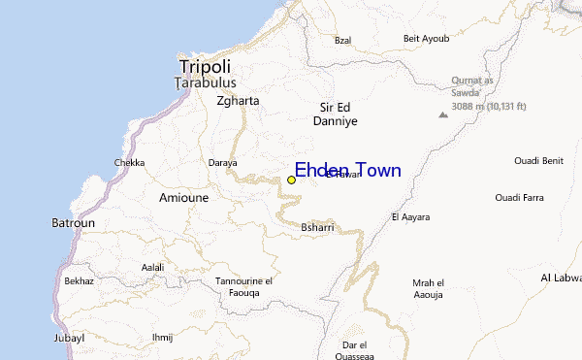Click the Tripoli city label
(205, 67)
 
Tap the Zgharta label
(238, 100)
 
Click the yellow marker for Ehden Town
(291, 180)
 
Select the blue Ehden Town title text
(347, 171)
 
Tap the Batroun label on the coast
(74, 223)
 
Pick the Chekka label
(129, 163)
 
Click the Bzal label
(342, 40)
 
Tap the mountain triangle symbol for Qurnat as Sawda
(443, 115)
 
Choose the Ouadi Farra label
(520, 198)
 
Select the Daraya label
(222, 163)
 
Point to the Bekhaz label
(79, 280)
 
